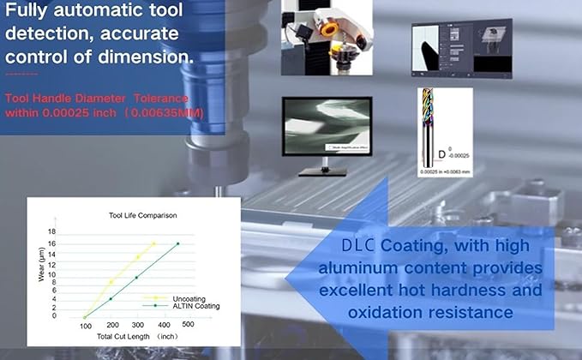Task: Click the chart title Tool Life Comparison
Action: pyautogui.click(x=142, y=215)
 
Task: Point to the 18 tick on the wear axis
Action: pyautogui.click(x=51, y=232)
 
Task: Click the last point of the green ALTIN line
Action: pyautogui.click(x=178, y=243)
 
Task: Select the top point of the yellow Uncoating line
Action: pyautogui.click(x=153, y=243)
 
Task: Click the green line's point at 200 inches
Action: pyautogui.click(x=111, y=298)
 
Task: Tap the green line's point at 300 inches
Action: pyautogui.click(x=136, y=277)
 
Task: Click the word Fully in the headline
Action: pyautogui.click(x=33, y=12)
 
